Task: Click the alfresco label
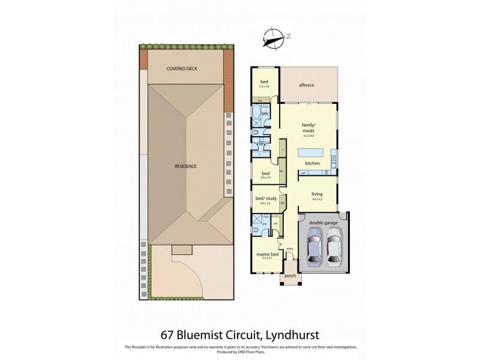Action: click(307, 86)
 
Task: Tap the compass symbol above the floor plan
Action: click(275, 37)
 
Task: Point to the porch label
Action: click(289, 277)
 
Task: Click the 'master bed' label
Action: click(265, 254)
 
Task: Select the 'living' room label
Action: click(316, 194)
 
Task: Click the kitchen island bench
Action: click(311, 152)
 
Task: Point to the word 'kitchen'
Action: click(313, 163)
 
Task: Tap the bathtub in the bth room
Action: click(256, 113)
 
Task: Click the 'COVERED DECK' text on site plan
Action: click(182, 68)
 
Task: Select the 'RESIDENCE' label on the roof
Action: click(185, 166)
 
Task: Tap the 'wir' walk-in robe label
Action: click(275, 225)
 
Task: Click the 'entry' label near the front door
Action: click(290, 248)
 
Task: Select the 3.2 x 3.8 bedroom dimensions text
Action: click(263, 87)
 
